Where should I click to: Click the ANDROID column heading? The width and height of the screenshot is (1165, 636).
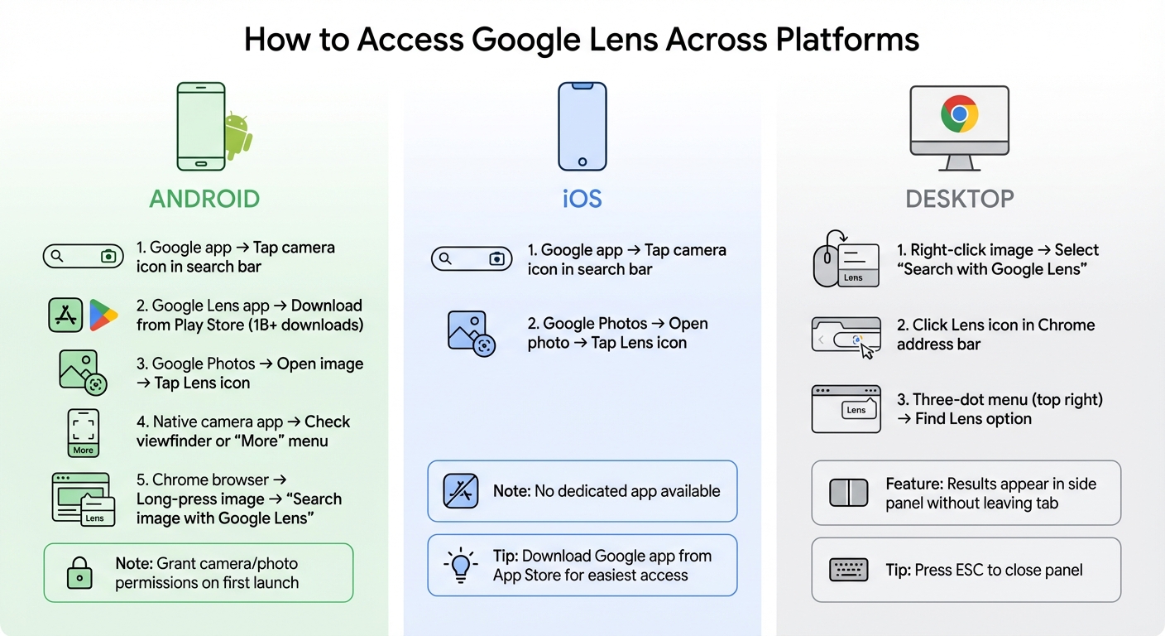(204, 199)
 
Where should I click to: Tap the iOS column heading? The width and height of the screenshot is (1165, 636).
(582, 199)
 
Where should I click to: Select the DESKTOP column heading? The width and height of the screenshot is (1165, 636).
(959, 199)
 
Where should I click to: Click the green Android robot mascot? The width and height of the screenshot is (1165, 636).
(237, 136)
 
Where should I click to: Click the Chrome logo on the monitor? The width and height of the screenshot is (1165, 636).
(959, 113)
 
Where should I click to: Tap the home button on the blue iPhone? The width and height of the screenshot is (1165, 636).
(582, 161)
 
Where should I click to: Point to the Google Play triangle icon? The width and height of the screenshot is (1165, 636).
(103, 316)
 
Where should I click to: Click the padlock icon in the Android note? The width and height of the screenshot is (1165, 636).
(79, 571)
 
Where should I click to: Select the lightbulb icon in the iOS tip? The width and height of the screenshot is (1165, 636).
(461, 565)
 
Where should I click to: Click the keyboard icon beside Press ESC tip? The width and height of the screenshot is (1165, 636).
(848, 570)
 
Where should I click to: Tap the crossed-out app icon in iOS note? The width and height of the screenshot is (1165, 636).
(461, 491)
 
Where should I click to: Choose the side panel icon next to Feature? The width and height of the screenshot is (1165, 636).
(848, 493)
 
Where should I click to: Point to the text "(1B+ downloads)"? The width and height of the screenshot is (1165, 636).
(306, 325)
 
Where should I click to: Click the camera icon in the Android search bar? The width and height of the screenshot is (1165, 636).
(108, 257)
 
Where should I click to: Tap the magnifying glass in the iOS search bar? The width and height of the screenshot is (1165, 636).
(445, 259)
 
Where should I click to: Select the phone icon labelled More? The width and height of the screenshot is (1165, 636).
(83, 432)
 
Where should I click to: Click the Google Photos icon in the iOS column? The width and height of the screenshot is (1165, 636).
(470, 334)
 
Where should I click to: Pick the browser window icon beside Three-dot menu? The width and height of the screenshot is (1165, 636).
(846, 408)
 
